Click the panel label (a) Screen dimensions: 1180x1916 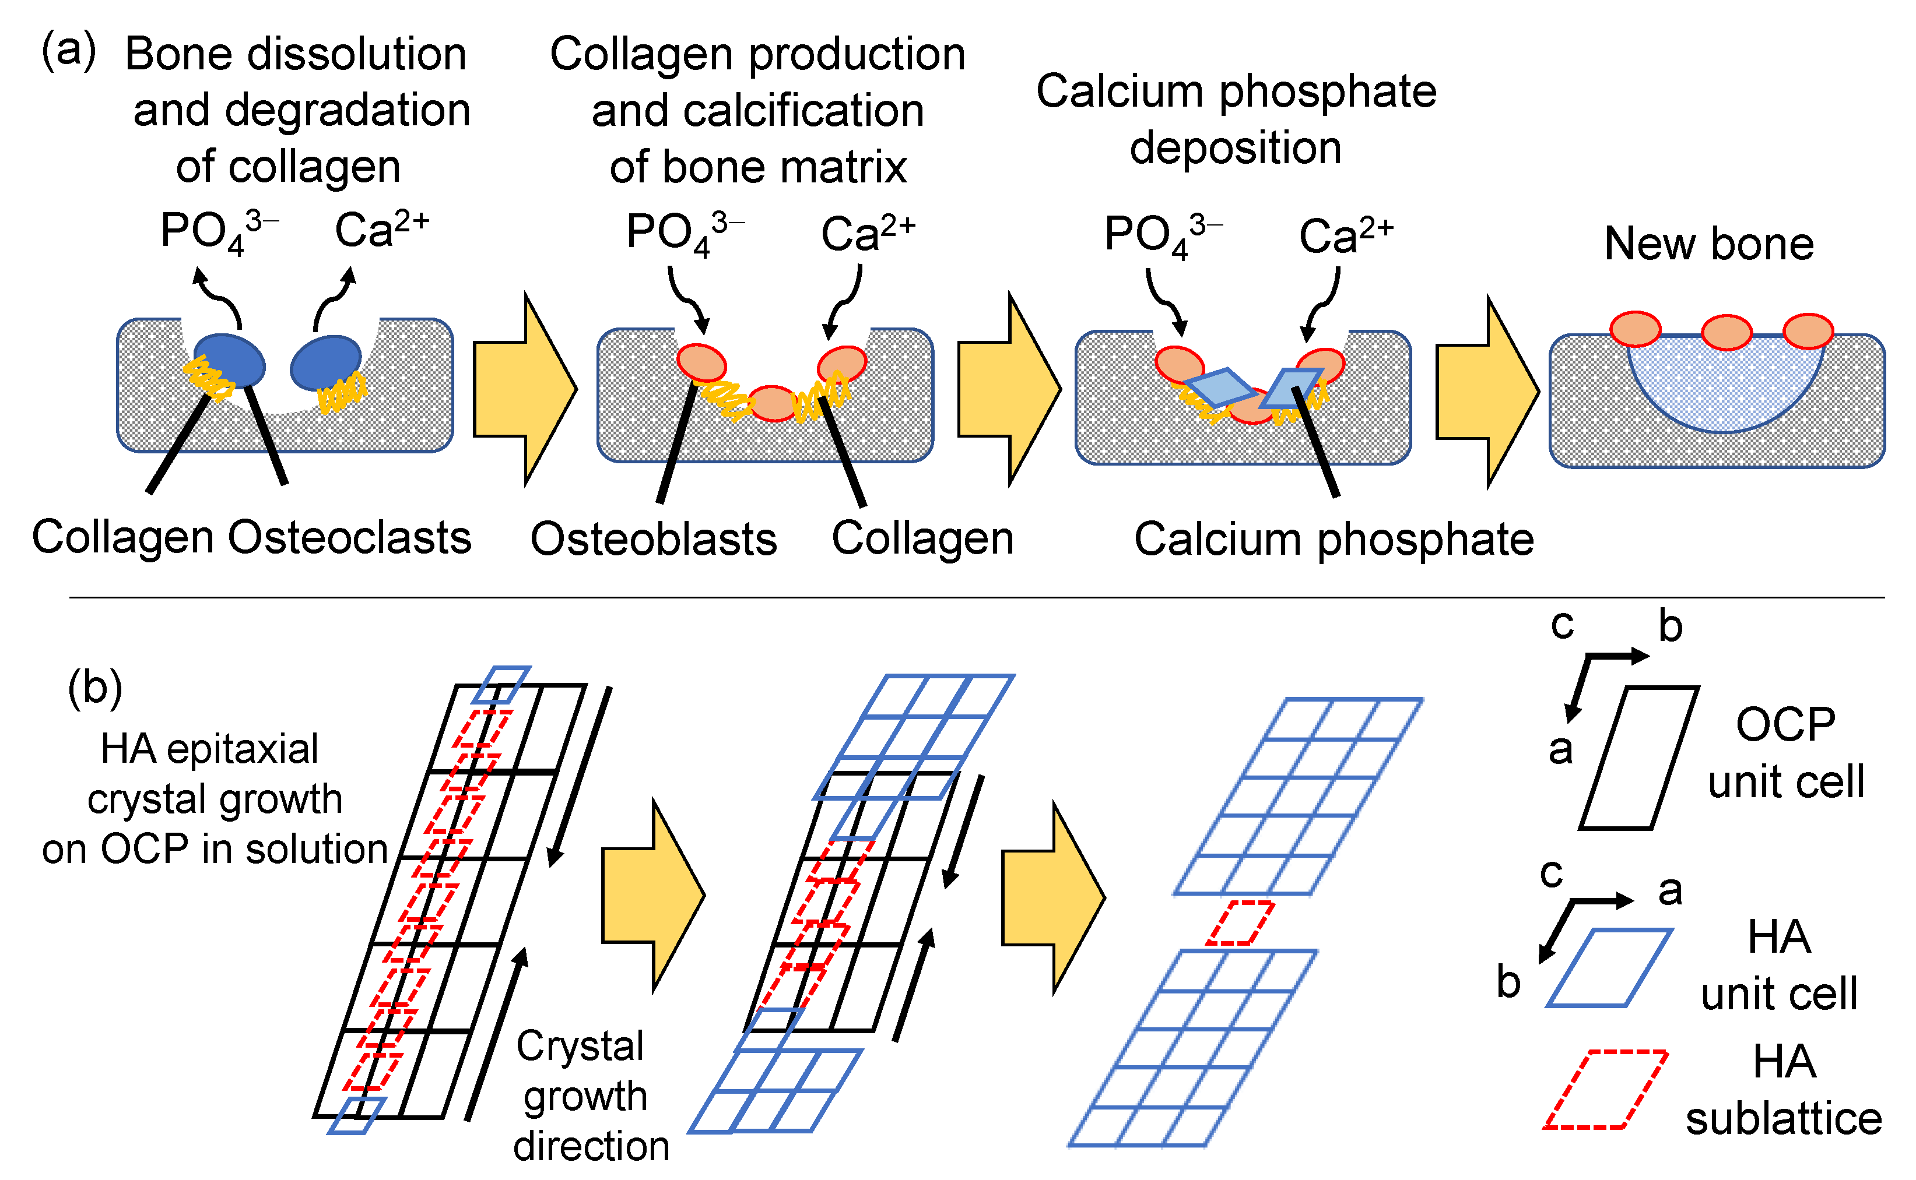click(x=69, y=51)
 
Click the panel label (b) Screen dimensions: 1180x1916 click(x=94, y=688)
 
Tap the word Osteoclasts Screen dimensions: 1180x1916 click(x=349, y=538)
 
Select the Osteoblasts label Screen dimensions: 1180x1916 click(x=654, y=539)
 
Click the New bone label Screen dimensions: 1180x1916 click(x=1708, y=244)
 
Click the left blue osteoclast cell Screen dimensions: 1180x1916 click(x=230, y=360)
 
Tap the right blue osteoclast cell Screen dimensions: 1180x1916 click(x=325, y=362)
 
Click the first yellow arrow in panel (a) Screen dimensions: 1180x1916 click(x=525, y=388)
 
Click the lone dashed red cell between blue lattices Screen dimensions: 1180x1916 click(x=1240, y=923)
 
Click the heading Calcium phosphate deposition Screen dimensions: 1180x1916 click(x=1236, y=119)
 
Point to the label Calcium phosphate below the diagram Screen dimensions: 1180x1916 click(x=1334, y=539)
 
